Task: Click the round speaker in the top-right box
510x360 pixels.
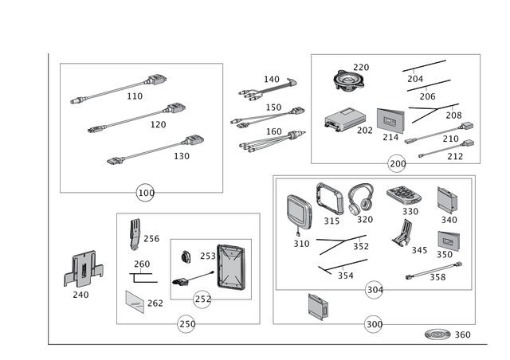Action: coord(348,81)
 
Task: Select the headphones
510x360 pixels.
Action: coord(360,200)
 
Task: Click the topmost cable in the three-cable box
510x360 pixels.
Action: coord(120,88)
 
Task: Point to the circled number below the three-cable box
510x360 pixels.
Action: coord(144,192)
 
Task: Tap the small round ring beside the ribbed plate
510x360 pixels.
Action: coord(186,257)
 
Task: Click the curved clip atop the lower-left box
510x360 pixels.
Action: coord(135,233)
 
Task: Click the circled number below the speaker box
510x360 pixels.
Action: coord(396,164)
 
